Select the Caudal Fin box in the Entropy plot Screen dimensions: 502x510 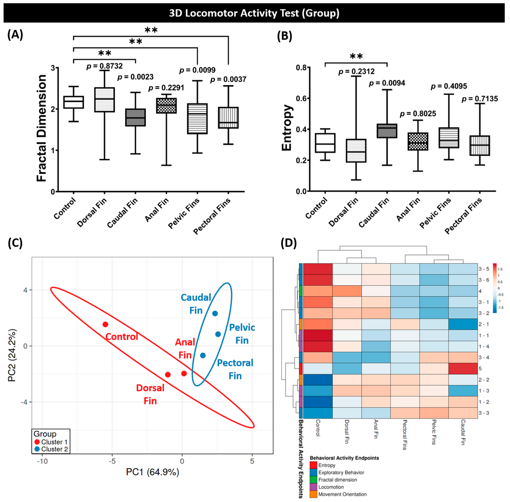tap(387, 131)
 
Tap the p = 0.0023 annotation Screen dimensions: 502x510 tap(135, 77)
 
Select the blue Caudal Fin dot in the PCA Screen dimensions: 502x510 tap(215, 313)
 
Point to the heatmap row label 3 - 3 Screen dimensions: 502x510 tap(484, 413)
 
